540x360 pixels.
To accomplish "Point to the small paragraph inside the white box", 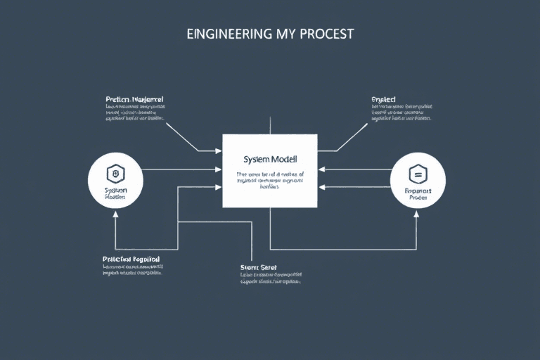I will click(270, 180).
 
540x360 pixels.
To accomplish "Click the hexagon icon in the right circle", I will click(418, 173).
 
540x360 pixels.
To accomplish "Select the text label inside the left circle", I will click(115, 194).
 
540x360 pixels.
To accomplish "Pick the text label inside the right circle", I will click(418, 194).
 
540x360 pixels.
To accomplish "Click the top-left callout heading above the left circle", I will click(134, 100).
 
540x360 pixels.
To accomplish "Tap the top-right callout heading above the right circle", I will click(383, 100).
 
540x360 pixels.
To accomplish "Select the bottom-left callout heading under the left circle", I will click(131, 259).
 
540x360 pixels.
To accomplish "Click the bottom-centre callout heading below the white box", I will click(259, 267).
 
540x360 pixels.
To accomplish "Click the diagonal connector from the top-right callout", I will click(353, 136).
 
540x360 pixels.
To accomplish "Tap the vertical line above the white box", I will click(270, 125).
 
